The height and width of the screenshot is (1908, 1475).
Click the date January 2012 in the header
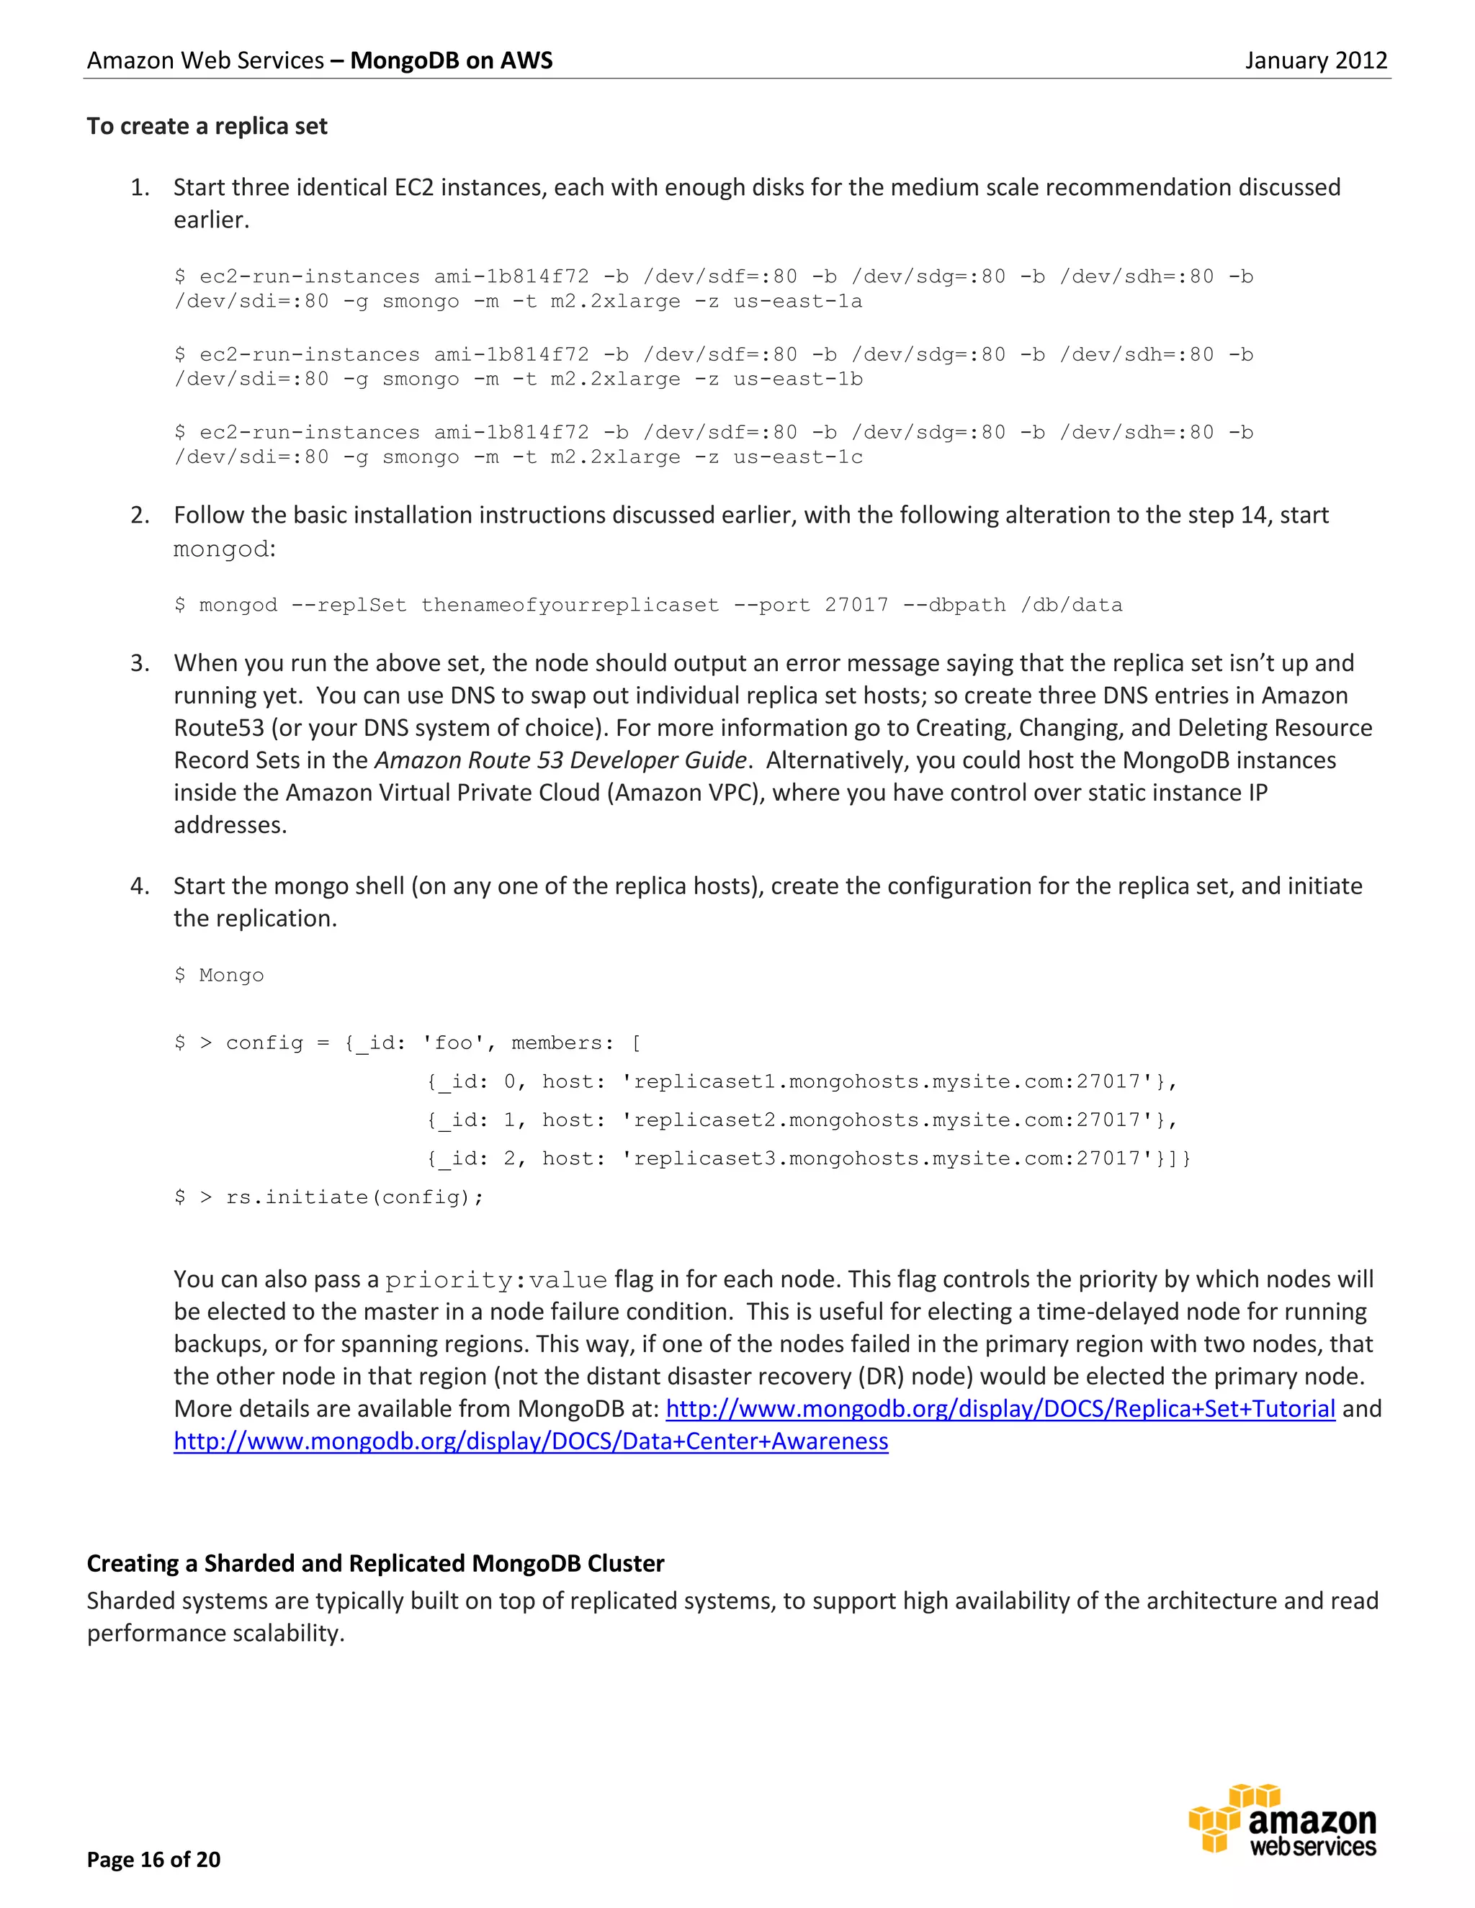1315,60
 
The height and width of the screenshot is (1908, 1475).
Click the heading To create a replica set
207,127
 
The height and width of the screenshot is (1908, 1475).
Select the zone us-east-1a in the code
797,302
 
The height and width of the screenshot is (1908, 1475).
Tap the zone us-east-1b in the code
797,380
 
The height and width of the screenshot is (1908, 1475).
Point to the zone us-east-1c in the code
797,458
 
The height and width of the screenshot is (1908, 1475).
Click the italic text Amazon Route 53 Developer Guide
560,761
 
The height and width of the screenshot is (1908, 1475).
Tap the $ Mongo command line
220,976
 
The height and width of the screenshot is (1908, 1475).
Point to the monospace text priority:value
496,1281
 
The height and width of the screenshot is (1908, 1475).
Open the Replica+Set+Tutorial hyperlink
1000,1409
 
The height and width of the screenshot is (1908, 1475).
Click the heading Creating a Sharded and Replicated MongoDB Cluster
375,1564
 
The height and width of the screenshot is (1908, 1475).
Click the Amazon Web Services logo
1282,1822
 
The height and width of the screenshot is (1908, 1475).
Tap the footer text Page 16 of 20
154,1860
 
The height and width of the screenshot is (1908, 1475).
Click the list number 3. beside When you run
140,664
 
